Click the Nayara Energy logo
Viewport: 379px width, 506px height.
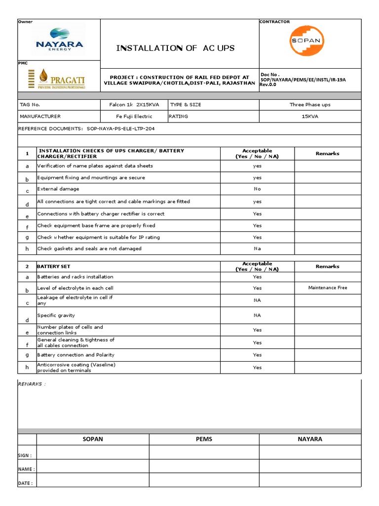click(x=59, y=40)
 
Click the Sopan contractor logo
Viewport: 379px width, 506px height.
click(x=306, y=41)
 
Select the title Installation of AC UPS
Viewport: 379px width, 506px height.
click(x=175, y=48)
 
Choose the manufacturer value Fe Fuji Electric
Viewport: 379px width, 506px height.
click(x=134, y=117)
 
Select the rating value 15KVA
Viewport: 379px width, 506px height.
click(x=310, y=117)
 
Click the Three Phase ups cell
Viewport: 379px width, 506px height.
click(x=310, y=105)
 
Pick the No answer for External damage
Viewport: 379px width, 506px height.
click(x=257, y=189)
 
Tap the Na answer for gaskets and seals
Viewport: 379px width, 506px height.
click(x=257, y=249)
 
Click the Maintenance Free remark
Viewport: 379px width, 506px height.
click(x=328, y=288)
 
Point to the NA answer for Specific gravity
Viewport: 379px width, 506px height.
click(x=257, y=315)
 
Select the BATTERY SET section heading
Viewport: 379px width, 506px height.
click(x=54, y=266)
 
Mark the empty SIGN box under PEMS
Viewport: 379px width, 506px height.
click(x=204, y=452)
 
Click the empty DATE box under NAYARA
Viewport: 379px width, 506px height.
click(x=310, y=480)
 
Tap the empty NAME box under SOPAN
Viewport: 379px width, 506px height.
click(x=93, y=466)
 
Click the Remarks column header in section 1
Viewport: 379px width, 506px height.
click(x=328, y=154)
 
